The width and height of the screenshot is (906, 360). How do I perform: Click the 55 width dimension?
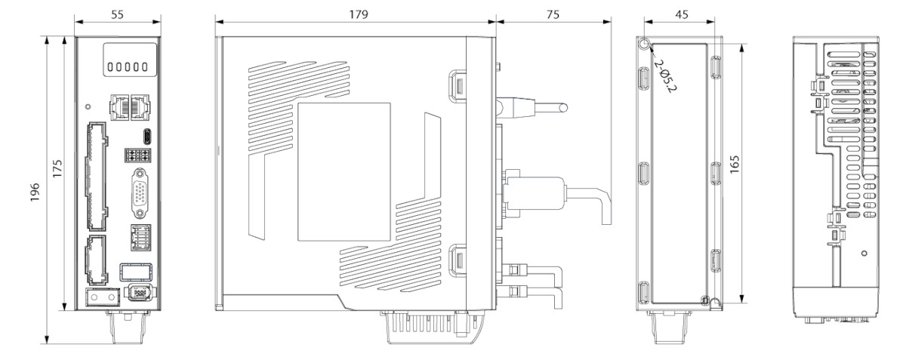click(117, 15)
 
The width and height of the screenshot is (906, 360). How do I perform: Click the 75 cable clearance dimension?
click(553, 15)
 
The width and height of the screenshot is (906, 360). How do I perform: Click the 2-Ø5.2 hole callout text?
click(666, 78)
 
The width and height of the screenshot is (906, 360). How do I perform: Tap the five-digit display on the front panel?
click(125, 67)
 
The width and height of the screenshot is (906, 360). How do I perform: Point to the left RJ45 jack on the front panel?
click(120, 106)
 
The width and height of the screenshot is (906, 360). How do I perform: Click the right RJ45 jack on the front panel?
click(140, 106)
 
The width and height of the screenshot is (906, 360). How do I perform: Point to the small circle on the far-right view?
click(863, 251)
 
